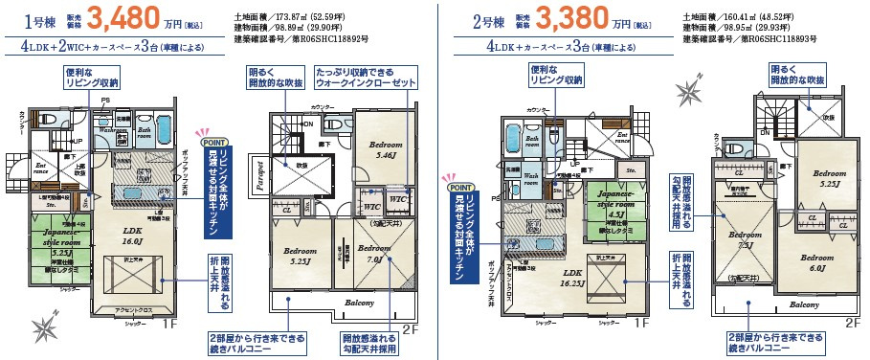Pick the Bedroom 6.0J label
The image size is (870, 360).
coord(817,262)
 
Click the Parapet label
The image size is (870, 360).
coord(261,178)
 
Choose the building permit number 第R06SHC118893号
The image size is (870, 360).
coord(743,42)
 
